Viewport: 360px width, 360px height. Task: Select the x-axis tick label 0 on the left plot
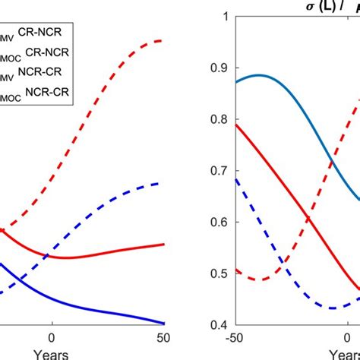[x=52, y=338]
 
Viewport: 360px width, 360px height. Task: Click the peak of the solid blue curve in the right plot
[x=258, y=75]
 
